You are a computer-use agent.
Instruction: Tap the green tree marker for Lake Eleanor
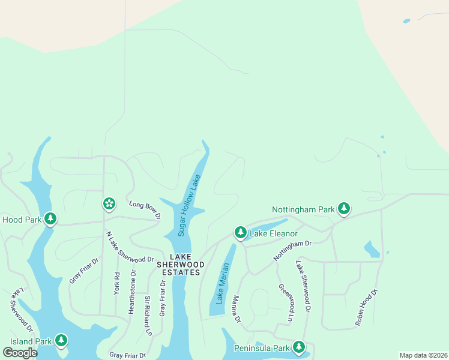click(240, 232)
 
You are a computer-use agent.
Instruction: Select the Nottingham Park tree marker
click(343, 208)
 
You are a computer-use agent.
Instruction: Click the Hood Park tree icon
click(50, 218)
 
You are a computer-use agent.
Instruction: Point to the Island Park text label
click(27, 341)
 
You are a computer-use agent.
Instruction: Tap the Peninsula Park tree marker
click(299, 346)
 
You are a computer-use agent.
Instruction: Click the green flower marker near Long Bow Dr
click(109, 204)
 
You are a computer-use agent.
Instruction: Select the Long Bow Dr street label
click(145, 209)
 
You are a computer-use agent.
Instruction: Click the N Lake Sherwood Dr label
click(130, 247)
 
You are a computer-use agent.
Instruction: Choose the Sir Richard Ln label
click(147, 315)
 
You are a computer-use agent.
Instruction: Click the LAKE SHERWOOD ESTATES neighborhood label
click(178, 268)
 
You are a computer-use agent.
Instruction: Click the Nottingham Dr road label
click(293, 250)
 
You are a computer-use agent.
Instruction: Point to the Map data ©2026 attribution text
click(423, 355)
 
